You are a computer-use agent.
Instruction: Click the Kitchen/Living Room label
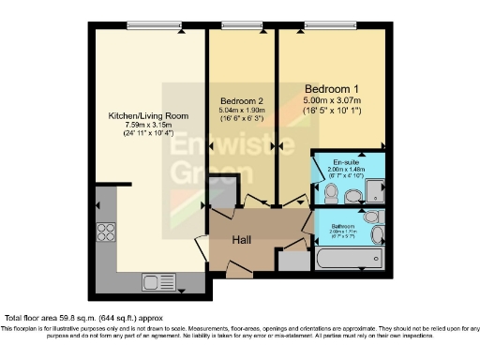point(148,116)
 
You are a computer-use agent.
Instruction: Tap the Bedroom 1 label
point(331,88)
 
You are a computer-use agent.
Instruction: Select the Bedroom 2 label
point(242,100)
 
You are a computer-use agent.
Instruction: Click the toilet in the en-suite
point(331,191)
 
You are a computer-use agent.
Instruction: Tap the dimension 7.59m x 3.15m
point(148,127)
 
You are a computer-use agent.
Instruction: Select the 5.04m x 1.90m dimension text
point(242,111)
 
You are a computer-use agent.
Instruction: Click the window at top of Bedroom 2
point(242,23)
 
